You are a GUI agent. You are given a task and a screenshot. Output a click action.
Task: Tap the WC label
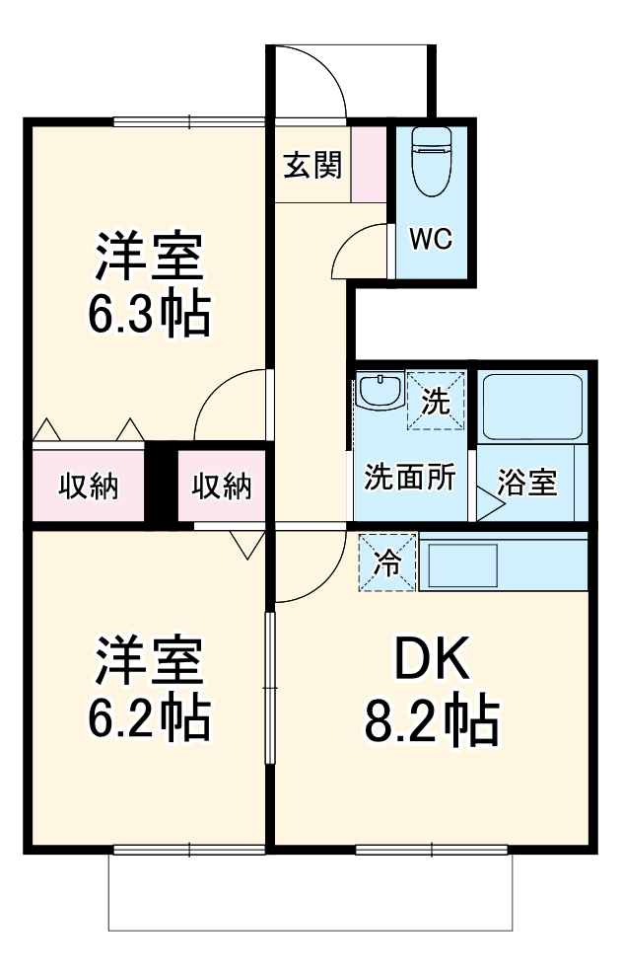[x=432, y=238]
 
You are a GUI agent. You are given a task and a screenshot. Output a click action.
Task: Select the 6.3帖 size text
[x=150, y=314]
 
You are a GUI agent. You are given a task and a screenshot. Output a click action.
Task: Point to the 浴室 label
[x=527, y=483]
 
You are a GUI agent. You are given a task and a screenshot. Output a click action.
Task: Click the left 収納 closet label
[x=88, y=487]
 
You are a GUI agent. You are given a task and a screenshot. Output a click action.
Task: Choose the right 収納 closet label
[x=221, y=487]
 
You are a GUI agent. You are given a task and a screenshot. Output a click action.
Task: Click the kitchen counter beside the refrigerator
[x=503, y=562]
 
